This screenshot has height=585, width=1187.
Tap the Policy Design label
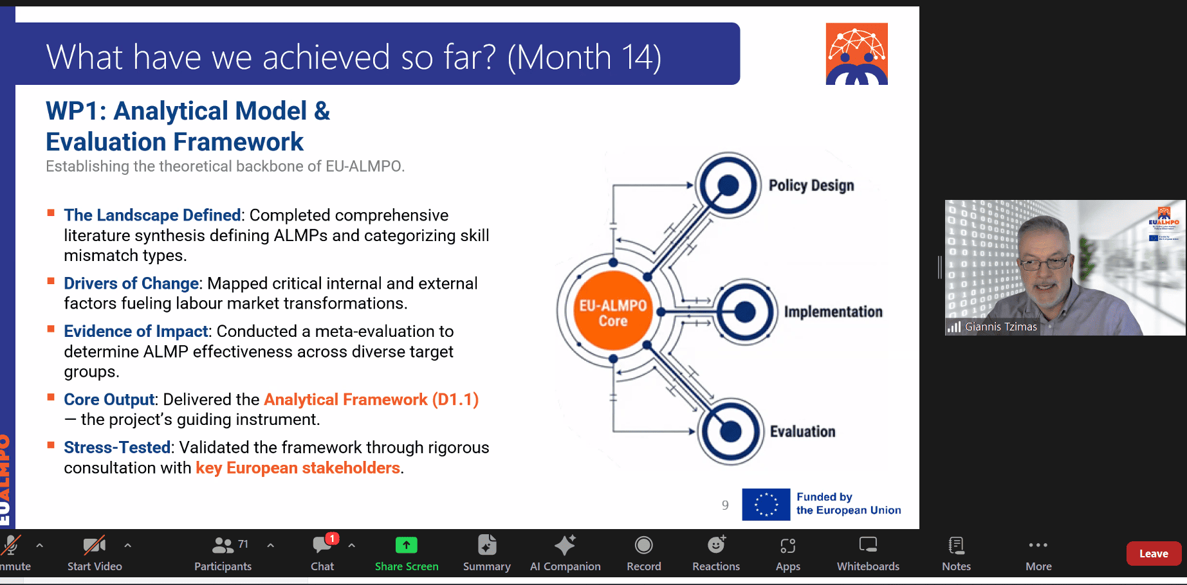pos(811,186)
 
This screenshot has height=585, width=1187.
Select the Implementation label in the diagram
pos(833,312)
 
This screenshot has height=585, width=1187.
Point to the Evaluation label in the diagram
pos(803,431)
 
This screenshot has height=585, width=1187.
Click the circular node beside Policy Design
pos(728,185)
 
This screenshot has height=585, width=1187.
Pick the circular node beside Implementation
pos(744,312)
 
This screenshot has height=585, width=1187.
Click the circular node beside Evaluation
pos(730,431)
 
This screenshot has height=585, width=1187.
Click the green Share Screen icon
pos(407,545)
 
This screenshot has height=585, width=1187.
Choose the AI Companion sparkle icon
pos(565,545)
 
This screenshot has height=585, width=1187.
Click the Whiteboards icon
pos(868,545)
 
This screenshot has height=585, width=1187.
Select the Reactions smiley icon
pos(716,544)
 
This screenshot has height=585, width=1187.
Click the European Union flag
pos(766,504)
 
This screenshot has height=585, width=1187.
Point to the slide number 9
pos(725,505)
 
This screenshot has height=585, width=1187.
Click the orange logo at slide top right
pos(857,54)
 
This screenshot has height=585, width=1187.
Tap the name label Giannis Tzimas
pos(1000,327)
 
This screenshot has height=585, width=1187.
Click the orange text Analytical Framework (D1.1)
pos(371,400)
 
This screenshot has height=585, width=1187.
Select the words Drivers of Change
pos(131,283)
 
